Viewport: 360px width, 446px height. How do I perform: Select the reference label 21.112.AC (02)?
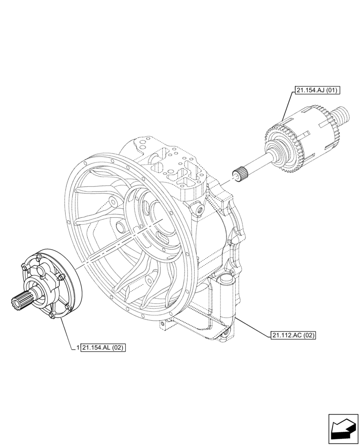(x=292, y=335)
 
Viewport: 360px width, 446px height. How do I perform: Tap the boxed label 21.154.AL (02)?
(x=103, y=347)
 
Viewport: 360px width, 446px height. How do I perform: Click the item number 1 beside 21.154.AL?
(x=78, y=347)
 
